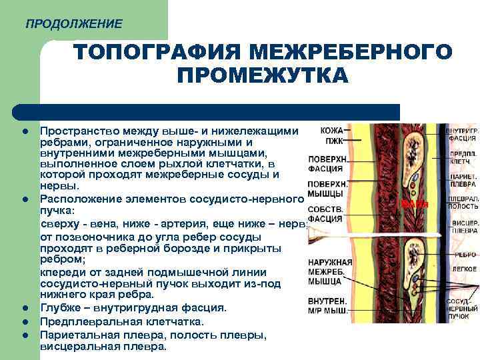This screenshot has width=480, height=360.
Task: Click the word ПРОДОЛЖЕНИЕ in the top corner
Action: [73, 24]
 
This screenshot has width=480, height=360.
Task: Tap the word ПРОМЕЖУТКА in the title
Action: [263, 75]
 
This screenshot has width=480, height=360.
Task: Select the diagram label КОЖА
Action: [332, 131]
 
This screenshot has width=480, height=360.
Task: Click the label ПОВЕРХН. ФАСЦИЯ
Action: [327, 164]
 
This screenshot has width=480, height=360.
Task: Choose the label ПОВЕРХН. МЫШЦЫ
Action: [327, 188]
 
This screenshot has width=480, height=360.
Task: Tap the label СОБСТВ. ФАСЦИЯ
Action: [327, 213]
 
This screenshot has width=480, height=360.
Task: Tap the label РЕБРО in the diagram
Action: [465, 254]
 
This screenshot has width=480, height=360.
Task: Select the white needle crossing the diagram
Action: [373, 233]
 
